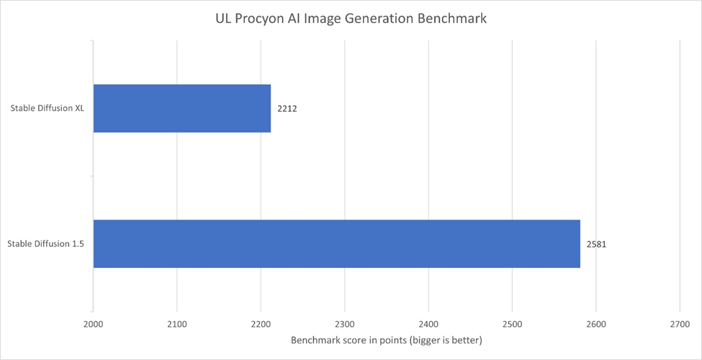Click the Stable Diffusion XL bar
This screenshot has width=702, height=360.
click(x=182, y=109)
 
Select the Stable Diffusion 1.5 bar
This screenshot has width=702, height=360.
click(x=336, y=244)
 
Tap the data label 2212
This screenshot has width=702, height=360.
click(x=287, y=109)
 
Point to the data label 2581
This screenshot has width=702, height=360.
click(x=596, y=245)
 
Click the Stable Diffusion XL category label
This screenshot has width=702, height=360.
click(x=48, y=109)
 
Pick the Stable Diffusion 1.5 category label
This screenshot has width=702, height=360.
click(x=46, y=244)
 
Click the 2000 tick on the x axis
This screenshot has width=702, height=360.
click(x=94, y=325)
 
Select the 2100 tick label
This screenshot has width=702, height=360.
click(x=177, y=325)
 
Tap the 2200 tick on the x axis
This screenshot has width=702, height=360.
click(x=261, y=325)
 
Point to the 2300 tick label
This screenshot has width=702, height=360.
click(x=345, y=325)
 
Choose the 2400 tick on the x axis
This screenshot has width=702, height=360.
click(x=428, y=325)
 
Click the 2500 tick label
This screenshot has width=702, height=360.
click(x=512, y=325)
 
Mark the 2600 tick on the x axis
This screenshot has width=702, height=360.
click(x=596, y=325)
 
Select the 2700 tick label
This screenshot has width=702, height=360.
click(x=680, y=325)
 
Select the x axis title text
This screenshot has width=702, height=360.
click(x=386, y=340)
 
